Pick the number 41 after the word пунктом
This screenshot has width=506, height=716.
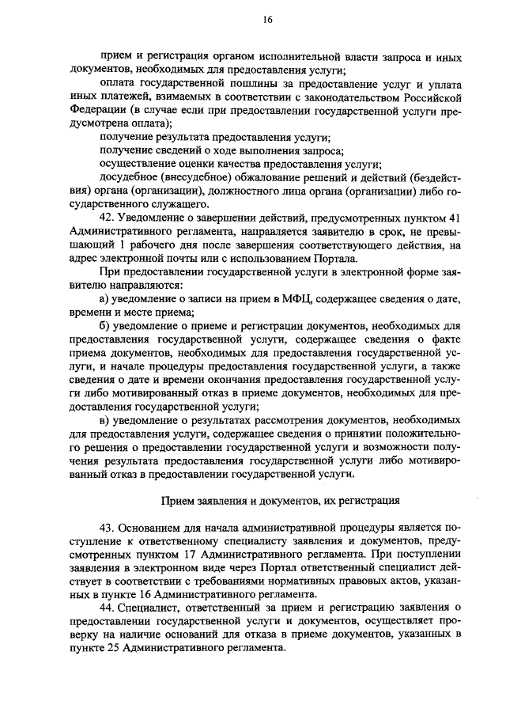pyautogui.click(x=451, y=218)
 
